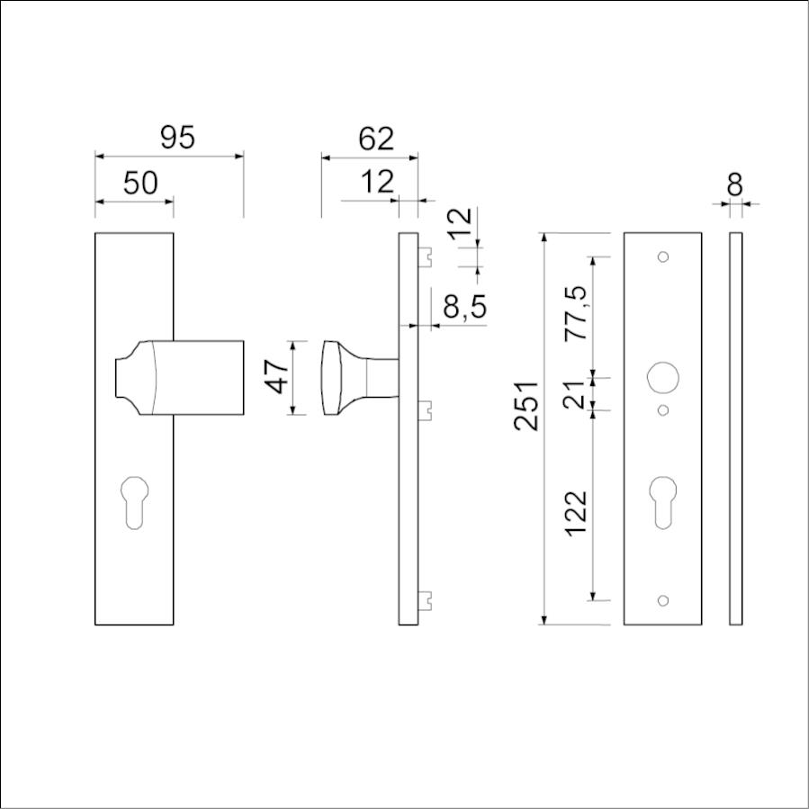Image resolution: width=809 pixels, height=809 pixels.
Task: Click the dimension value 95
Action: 177,138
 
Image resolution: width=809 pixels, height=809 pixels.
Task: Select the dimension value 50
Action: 140,183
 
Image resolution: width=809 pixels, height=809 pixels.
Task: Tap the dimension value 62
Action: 376,139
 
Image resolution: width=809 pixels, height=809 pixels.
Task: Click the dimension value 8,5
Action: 464,307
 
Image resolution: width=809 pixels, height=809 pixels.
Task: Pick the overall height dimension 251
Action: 526,406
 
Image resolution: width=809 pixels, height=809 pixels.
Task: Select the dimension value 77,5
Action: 576,312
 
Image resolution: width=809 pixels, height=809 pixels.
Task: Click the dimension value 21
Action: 574,395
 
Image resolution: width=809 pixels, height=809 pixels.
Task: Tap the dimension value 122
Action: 576,513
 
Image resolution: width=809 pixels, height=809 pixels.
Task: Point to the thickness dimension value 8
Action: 734,184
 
